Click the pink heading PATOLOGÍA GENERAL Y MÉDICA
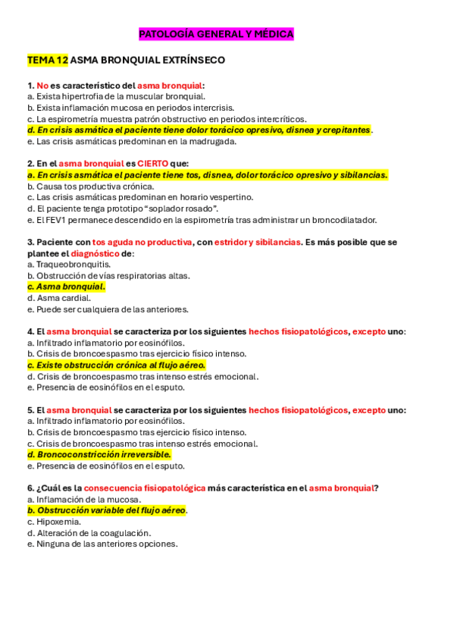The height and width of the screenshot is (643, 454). pos(216,34)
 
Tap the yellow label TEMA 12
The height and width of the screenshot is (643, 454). pos(47,59)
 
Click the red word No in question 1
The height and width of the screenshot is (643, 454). pos(42,86)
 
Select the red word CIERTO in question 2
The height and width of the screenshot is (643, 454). pos(154,164)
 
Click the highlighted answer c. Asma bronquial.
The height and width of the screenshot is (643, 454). pos(66,287)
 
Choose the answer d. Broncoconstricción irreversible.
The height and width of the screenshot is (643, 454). pos(99,455)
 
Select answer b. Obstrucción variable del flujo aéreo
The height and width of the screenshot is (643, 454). pos(106,510)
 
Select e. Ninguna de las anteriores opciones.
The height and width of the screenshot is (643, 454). pos(102,544)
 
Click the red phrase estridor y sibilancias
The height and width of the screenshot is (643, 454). pos(258,242)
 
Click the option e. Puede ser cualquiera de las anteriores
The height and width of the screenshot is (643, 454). pos(107,309)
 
